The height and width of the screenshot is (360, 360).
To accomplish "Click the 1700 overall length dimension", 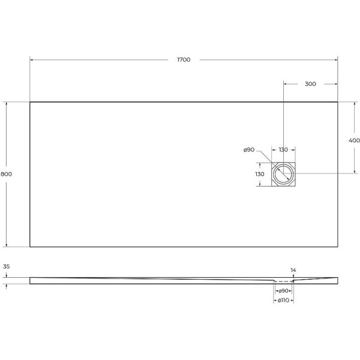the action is pyautogui.click(x=184, y=59).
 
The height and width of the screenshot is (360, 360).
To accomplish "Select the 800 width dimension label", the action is pyautogui.click(x=6, y=174).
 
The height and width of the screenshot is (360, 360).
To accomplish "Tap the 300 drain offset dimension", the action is pyautogui.click(x=310, y=84).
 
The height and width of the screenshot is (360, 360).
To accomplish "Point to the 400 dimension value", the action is pyautogui.click(x=354, y=140).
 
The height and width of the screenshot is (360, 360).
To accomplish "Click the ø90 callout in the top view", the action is pyautogui.click(x=249, y=149).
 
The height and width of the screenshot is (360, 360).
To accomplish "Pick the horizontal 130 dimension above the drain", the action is pyautogui.click(x=283, y=149).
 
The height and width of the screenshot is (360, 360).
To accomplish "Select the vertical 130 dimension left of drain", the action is pyautogui.click(x=260, y=174).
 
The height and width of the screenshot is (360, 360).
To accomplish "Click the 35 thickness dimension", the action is pyautogui.click(x=7, y=266).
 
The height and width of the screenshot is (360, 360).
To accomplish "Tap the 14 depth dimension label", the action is pyautogui.click(x=293, y=270).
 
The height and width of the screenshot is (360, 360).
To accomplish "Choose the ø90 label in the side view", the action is pyautogui.click(x=283, y=291).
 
